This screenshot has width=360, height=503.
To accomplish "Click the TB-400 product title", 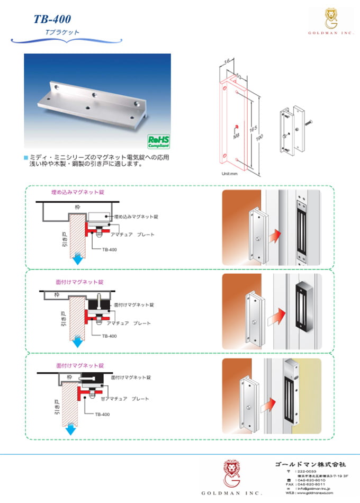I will [52, 20].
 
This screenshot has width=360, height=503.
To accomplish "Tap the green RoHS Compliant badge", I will [158, 142].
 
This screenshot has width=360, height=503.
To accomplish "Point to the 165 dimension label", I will [247, 129].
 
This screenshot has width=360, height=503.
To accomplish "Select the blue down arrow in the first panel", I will [78, 259].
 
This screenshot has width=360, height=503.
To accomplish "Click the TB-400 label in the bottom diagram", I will [102, 414].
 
